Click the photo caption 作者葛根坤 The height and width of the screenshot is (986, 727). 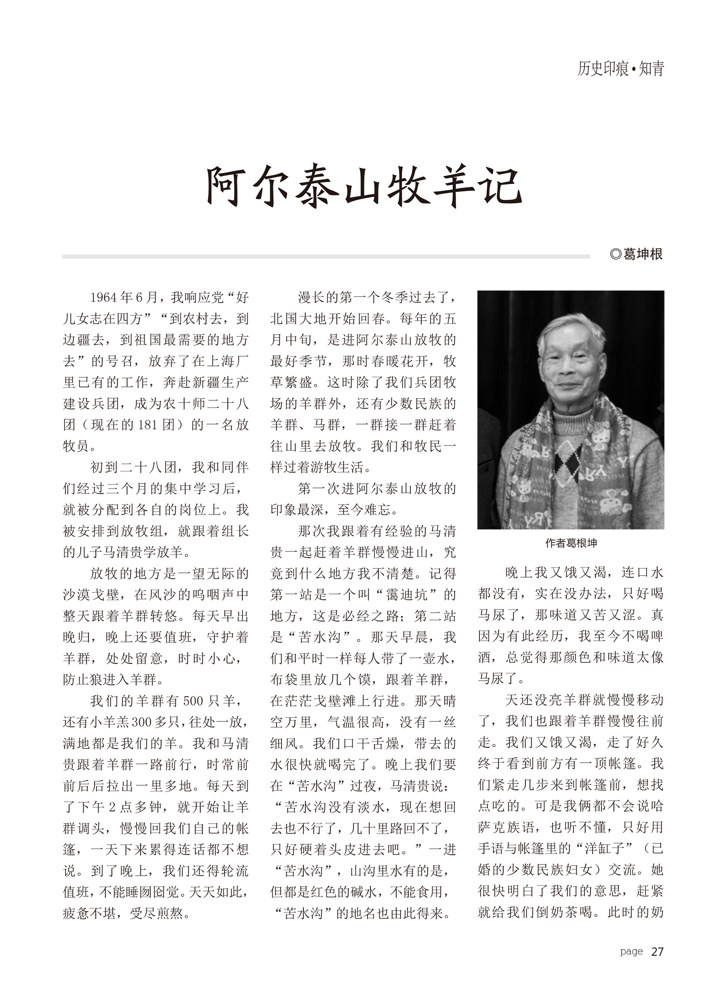tap(571, 543)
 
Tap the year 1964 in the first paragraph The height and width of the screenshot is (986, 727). tap(104, 298)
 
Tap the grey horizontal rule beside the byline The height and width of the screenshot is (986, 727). tap(326, 256)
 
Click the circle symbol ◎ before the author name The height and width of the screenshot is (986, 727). tap(616, 254)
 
